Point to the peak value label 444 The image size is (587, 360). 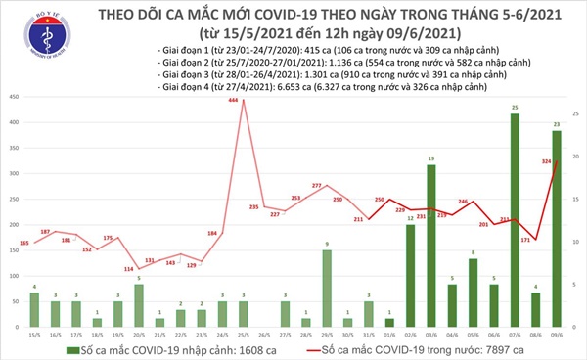pos(233,101)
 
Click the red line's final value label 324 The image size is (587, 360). pos(546,160)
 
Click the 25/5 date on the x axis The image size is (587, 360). pos(244,333)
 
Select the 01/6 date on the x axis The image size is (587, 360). pos(390,333)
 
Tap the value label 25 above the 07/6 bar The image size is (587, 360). pos(516,108)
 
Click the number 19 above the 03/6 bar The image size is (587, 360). pos(431,158)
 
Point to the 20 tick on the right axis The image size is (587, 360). pos(576,157)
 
